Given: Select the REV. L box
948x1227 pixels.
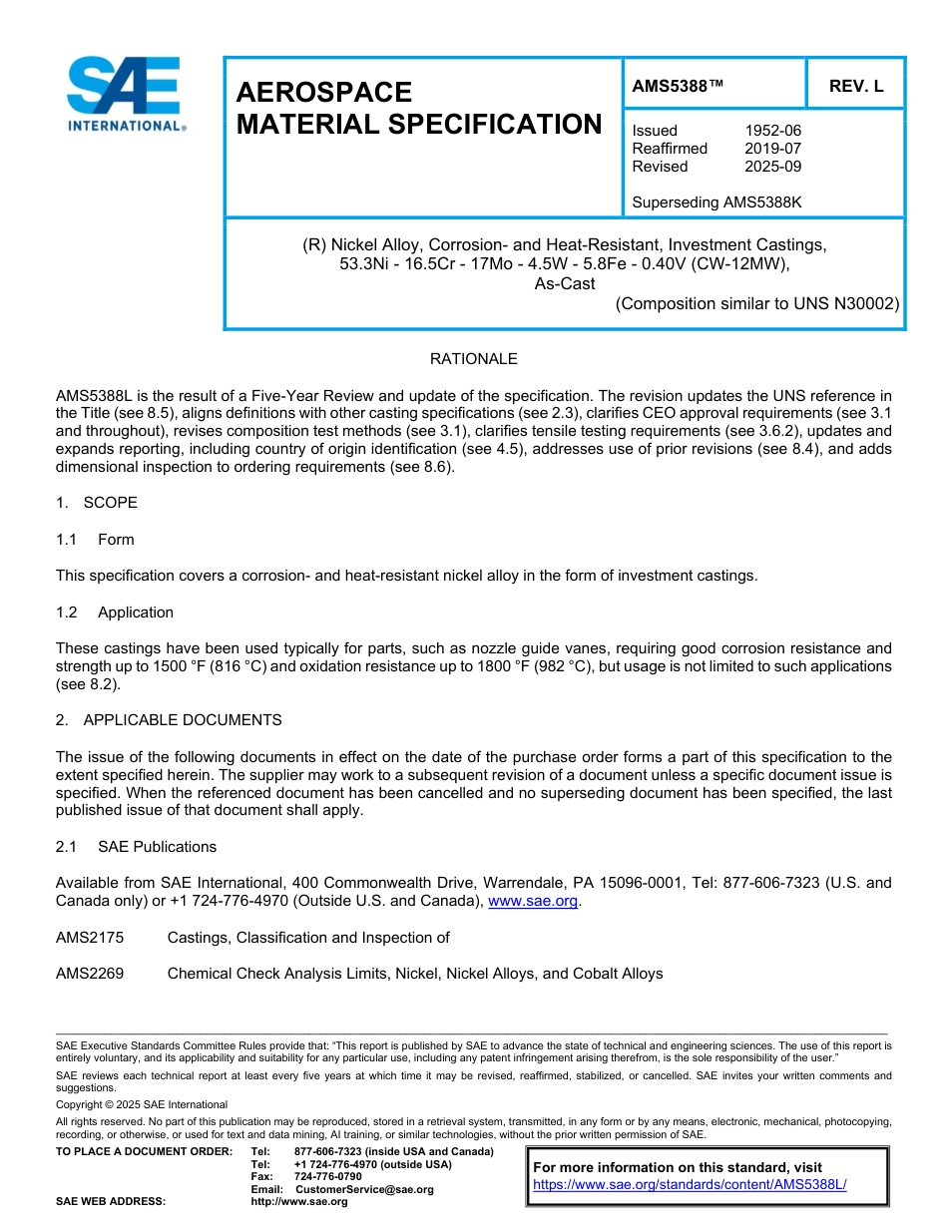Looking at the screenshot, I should [855, 86].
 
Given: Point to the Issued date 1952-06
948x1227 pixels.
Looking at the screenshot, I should [772, 131].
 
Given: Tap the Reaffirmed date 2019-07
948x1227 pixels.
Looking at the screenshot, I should [772, 149].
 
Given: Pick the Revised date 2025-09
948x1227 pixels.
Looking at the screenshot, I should [772, 167].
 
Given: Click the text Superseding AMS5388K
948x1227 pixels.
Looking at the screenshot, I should [716, 203].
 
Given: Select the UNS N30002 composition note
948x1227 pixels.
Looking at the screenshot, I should [757, 304].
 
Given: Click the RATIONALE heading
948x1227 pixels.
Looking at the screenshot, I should [473, 359].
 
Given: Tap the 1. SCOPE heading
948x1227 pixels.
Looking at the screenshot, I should [97, 503].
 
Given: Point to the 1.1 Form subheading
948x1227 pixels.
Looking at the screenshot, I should [95, 540].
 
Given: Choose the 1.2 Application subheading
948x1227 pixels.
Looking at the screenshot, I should [115, 613].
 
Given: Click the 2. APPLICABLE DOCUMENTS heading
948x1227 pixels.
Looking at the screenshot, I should [169, 720].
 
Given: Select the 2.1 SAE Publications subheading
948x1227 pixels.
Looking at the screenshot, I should [136, 847].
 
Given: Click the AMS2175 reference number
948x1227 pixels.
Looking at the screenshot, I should [90, 938].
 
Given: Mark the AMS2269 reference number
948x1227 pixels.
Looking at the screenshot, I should [90, 974].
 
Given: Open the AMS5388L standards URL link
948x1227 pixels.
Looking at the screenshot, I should [690, 1185].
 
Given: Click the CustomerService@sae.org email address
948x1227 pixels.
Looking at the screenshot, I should [364, 1189].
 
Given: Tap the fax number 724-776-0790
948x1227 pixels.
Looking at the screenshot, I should [327, 1177].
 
